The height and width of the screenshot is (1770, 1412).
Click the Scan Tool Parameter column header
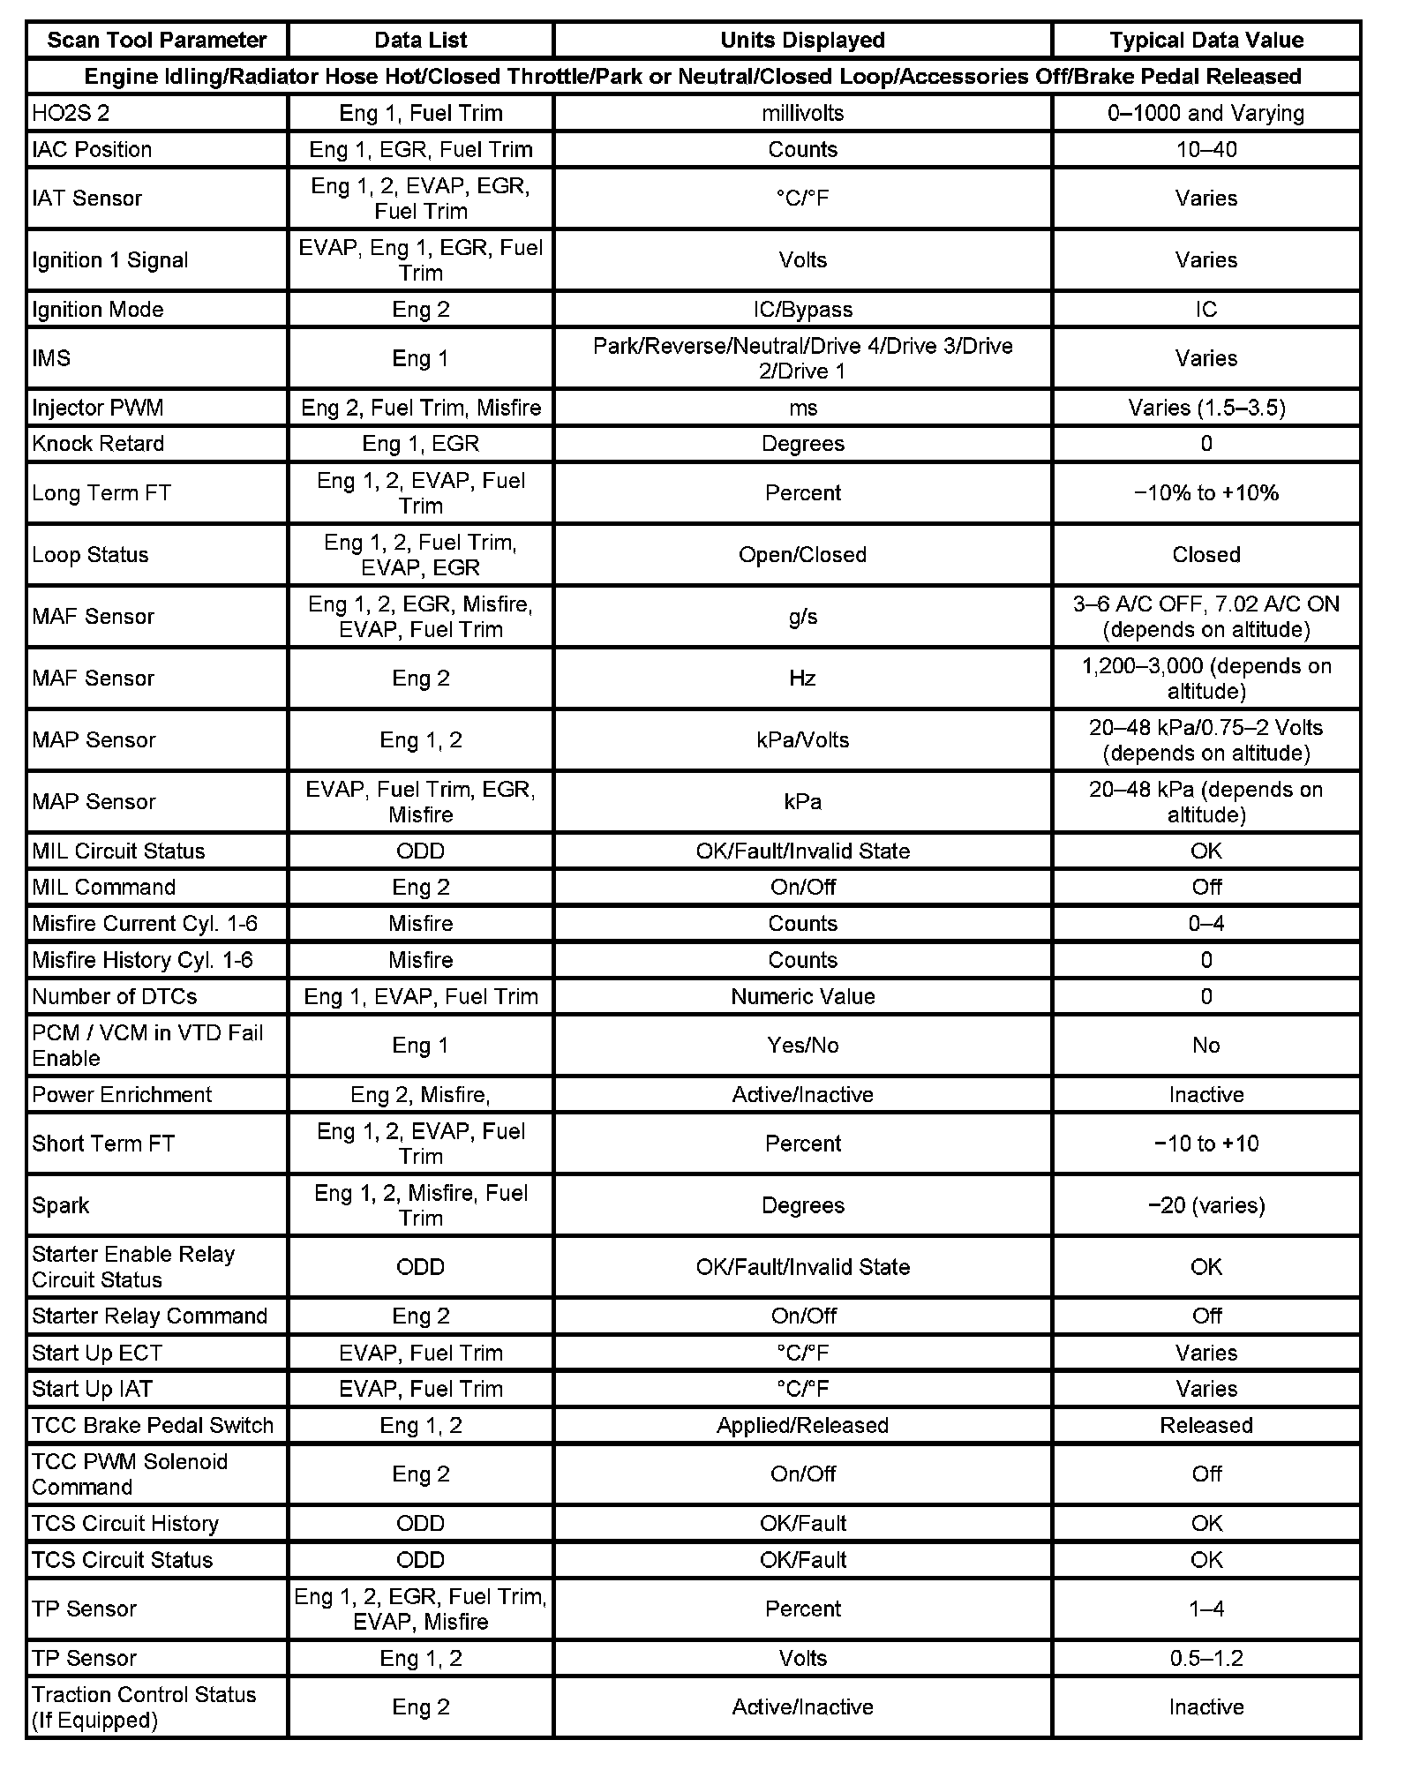156,40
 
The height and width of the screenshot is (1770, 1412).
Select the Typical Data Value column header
1205,40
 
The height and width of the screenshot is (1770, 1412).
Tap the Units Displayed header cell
802,40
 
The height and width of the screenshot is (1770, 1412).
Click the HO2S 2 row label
71,113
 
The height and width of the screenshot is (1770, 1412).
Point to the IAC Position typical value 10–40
1205,149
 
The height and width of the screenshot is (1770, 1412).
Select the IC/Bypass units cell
802,309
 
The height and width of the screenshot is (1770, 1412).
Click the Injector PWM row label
97,408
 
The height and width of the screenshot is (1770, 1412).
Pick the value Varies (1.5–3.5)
1205,408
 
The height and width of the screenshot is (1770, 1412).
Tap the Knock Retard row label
98,443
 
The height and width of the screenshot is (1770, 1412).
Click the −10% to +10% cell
1205,492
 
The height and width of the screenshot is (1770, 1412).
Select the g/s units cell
802,616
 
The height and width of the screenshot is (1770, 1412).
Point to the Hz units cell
802,678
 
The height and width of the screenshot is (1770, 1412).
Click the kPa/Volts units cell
802,739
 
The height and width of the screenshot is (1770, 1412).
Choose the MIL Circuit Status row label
118,851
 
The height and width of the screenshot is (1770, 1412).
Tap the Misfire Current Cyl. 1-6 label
145,923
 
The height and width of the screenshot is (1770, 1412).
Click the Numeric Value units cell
802,996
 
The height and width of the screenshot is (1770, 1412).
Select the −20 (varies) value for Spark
1205,1205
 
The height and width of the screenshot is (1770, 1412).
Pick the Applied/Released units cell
802,1425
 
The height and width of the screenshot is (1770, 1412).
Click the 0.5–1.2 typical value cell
1205,1658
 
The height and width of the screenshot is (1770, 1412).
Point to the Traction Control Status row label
144,1706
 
